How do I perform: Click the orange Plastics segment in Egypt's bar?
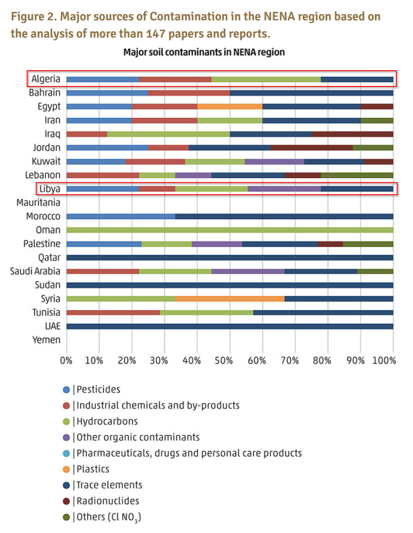click(229, 107)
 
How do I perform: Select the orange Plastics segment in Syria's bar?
click(229, 299)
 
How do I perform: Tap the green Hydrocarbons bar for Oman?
click(229, 230)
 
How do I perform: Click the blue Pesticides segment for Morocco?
click(121, 217)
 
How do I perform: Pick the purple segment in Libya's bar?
click(284, 189)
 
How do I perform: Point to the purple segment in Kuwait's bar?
click(274, 161)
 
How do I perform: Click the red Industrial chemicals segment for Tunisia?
click(113, 312)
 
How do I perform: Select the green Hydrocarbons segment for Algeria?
click(266, 79)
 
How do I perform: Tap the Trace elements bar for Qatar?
click(229, 258)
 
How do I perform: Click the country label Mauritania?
click(38, 202)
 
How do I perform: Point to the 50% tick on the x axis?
click(229, 360)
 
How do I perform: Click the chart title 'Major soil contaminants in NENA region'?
click(203, 53)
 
